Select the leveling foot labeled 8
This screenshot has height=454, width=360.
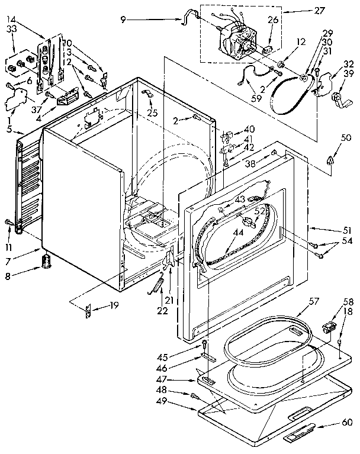pyautogui.click(x=46, y=260)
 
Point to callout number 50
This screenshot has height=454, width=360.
pyautogui.click(x=329, y=138)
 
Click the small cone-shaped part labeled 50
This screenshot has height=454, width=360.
pyautogui.click(x=330, y=159)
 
